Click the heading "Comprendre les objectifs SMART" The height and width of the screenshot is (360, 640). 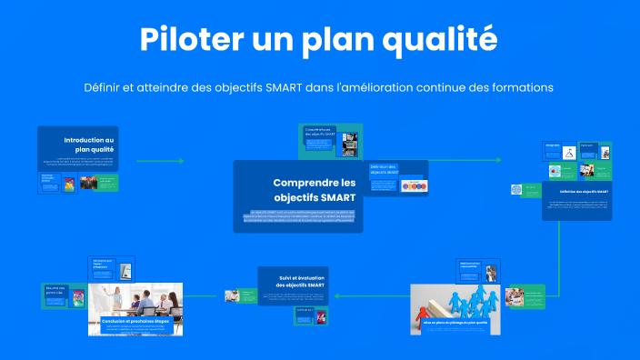pyautogui.click(x=314, y=189)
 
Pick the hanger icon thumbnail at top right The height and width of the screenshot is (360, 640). pyautogui.click(x=567, y=153)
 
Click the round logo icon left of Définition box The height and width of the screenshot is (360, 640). pyautogui.click(x=517, y=190)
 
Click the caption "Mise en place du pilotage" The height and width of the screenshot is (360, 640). pyautogui.click(x=455, y=323)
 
